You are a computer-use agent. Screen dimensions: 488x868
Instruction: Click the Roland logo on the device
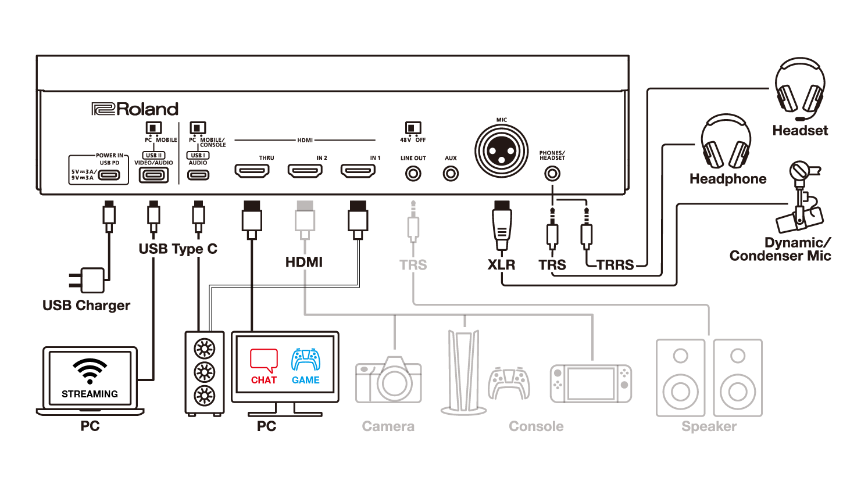135,109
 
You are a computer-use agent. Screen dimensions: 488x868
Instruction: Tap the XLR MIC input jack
501,151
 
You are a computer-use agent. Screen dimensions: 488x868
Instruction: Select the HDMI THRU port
252,171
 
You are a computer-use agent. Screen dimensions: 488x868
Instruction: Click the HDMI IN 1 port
358,171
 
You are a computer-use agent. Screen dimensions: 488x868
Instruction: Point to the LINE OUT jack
413,173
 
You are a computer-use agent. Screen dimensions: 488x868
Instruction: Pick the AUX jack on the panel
451,173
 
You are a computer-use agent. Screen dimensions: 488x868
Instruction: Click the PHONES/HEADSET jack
552,173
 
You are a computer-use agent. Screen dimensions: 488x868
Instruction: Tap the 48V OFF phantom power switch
413,128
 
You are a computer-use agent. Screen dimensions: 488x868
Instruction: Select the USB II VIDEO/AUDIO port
153,174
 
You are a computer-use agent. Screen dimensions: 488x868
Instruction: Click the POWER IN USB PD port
109,175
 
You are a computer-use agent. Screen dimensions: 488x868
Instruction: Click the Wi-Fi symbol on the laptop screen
90,371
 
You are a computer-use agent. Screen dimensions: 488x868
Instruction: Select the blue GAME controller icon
306,360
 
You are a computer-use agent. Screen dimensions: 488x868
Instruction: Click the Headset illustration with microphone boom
800,87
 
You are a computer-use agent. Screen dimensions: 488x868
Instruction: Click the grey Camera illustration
388,381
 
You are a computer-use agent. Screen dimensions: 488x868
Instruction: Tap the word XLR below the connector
501,265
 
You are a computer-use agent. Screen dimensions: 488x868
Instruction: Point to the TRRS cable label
615,265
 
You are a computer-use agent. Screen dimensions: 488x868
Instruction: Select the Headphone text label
728,179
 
